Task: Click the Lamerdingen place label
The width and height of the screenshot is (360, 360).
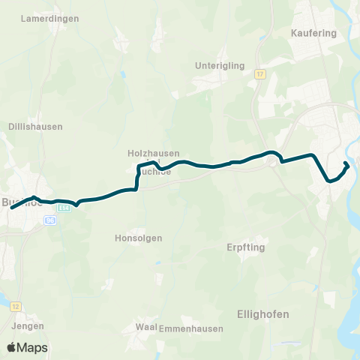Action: point(51,18)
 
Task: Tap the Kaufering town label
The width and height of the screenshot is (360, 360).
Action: point(312,33)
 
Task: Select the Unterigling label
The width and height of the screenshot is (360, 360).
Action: point(220,65)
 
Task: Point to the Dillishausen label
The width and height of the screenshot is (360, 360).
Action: point(35,127)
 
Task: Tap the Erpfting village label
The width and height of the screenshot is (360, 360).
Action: point(246,247)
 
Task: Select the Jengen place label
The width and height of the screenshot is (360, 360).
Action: point(28,326)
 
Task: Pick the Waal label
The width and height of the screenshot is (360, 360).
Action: point(145,327)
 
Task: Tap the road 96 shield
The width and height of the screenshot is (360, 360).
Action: point(50,220)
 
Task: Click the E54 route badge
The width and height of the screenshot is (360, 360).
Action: point(64,207)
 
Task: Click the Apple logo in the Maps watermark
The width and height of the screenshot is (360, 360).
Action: point(12,347)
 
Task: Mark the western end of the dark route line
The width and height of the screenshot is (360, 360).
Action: point(11,207)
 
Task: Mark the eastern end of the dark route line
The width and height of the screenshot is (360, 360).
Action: point(346,163)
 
